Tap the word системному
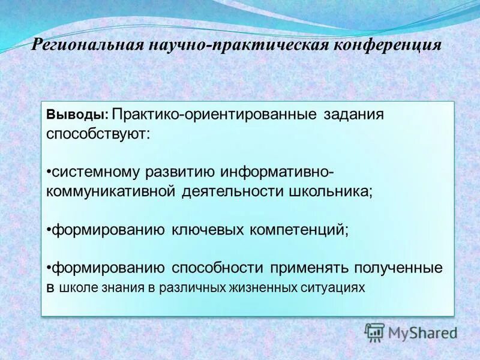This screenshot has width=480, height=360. (x=95, y=172)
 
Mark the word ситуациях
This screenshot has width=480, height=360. (x=331, y=287)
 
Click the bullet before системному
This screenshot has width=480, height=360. (x=48, y=172)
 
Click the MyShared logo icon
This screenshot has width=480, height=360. (x=375, y=332)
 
